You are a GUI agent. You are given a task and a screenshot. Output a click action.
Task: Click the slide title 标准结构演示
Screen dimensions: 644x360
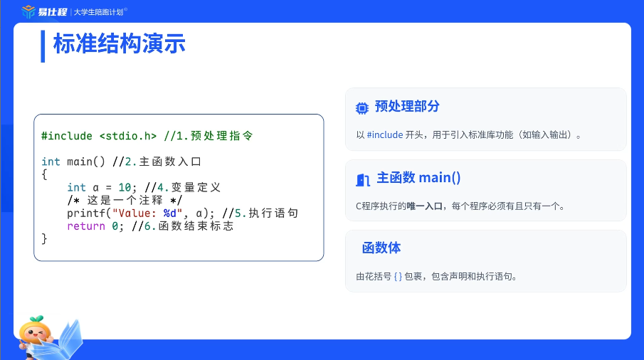[119, 44]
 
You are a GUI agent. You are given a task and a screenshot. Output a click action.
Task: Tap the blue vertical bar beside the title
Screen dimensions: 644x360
[43, 46]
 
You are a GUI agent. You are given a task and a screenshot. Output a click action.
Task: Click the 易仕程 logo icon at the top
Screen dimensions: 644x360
[28, 11]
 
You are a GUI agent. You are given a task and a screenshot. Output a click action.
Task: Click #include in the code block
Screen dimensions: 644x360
[67, 136]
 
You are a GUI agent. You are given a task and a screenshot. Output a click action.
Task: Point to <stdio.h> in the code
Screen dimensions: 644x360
[127, 136]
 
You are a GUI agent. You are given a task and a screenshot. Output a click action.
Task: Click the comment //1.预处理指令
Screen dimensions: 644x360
[208, 136]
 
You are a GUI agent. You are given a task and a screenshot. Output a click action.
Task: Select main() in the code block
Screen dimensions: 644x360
[86, 162]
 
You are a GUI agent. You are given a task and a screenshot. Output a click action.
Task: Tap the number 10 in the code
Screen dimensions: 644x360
[125, 188]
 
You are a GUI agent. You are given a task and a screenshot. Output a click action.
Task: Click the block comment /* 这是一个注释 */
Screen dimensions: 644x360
[125, 201]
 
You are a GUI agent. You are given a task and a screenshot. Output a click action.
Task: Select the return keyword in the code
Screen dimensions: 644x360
[86, 226]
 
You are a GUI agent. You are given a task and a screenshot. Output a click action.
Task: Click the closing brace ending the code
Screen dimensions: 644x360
[44, 239]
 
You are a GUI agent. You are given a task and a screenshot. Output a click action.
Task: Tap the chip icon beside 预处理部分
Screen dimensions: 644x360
[361, 108]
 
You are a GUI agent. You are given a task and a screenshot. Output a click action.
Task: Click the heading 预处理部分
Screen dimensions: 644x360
[407, 106]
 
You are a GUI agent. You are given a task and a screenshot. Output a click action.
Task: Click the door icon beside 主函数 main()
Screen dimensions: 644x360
[363, 180]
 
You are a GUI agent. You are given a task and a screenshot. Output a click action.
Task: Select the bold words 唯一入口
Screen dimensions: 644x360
[424, 206]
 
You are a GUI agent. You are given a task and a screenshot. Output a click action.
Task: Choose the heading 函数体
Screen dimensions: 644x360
[381, 248]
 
